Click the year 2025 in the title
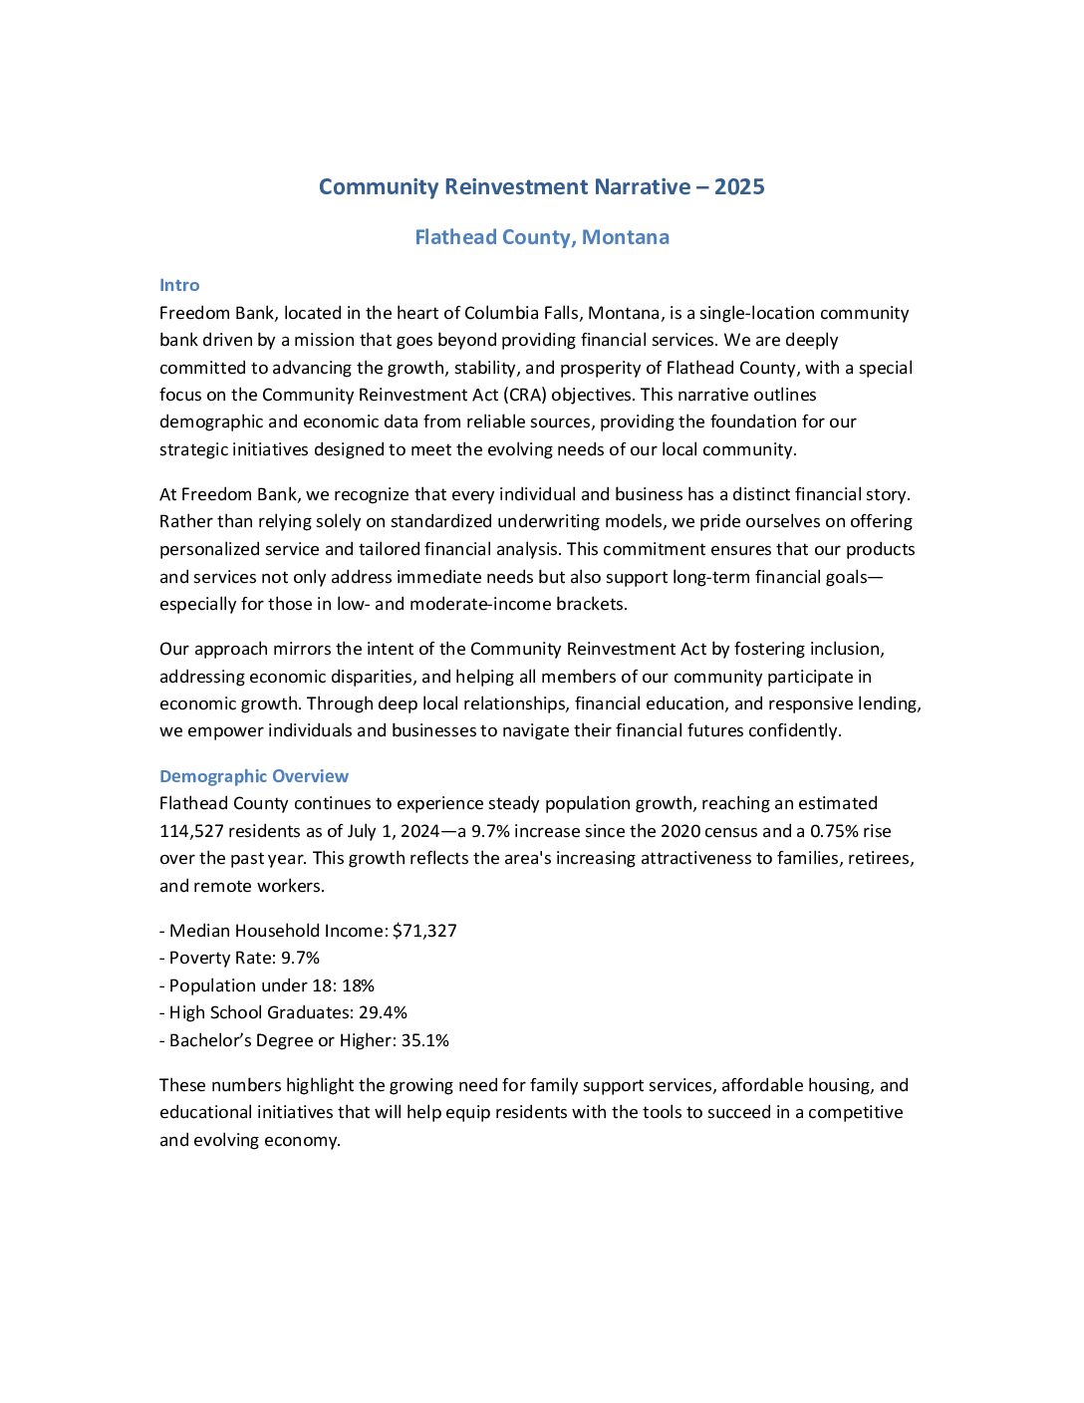739,187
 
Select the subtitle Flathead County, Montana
542,237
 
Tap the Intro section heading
179,285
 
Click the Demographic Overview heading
254,776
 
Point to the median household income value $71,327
424,931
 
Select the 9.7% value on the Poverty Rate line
300,958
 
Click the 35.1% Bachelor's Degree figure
424,1040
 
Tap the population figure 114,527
191,831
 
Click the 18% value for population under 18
358,985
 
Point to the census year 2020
680,831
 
